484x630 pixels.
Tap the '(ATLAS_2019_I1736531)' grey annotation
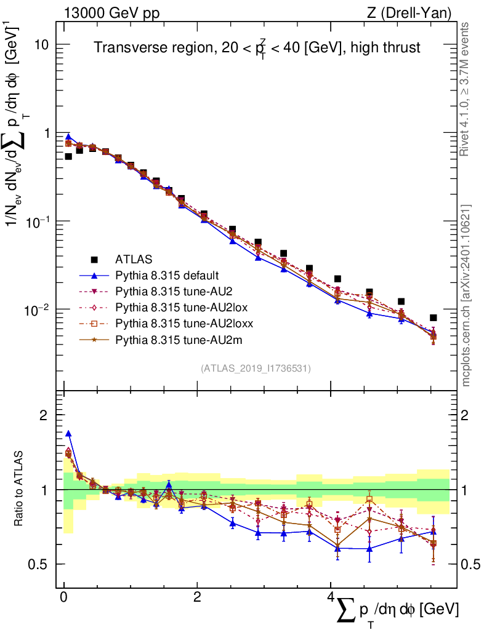[x=256, y=369]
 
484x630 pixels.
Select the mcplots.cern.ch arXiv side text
[x=466, y=294]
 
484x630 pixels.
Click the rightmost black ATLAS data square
[x=434, y=317]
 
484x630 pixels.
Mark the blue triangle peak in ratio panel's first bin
[x=68, y=434]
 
